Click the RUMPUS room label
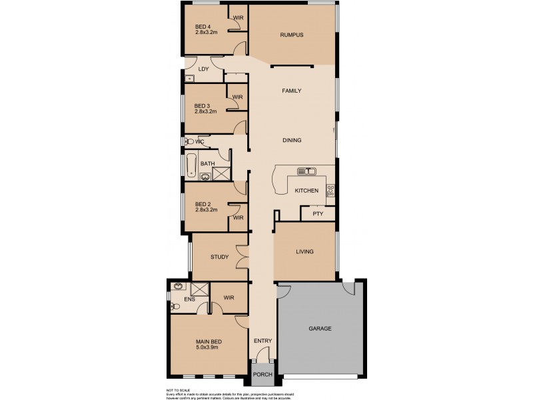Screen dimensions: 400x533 pos(292,35)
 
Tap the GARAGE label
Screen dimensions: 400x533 pos(320,329)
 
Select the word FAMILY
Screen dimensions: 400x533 pos(292,91)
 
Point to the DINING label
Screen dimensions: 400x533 pos(292,141)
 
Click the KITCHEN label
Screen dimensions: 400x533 pos(306,191)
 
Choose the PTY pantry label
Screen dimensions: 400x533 pos(317,215)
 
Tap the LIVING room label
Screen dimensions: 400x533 pos(304,252)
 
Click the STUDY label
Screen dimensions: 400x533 pos(220,257)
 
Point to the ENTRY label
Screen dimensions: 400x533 pos(263,342)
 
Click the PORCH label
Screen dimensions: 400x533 pos(263,375)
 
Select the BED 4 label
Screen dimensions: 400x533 pos(203,27)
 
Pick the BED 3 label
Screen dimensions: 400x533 pos(202,106)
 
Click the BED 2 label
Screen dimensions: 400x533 pos(203,204)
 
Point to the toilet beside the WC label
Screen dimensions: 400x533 pos(189,142)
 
